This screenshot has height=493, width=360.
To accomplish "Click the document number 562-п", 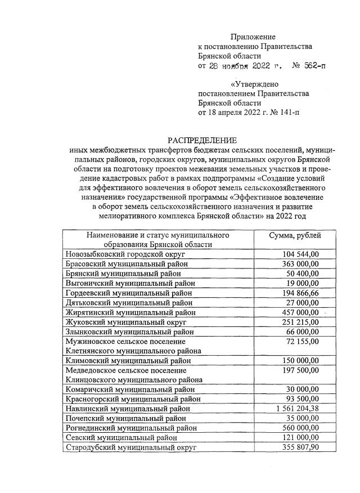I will [x=313, y=66].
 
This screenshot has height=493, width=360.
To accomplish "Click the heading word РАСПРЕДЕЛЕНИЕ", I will [x=202, y=140].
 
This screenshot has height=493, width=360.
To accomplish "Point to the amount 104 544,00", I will [x=300, y=254].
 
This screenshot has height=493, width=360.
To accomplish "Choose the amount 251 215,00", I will [x=300, y=322].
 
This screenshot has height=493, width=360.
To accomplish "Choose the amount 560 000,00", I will [x=300, y=428].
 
